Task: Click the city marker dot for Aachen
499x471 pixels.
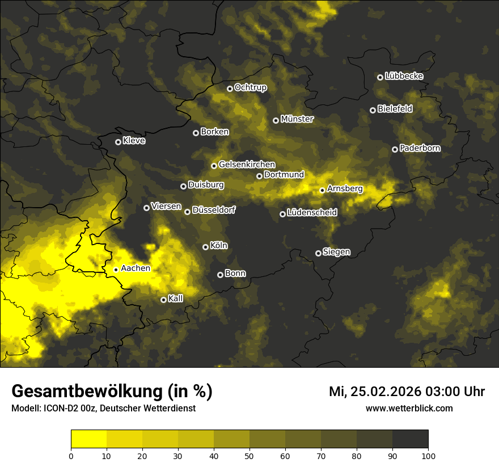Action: coord(116,270)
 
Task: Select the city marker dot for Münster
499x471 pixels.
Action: coord(276,120)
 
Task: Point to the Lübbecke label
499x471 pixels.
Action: coord(404,76)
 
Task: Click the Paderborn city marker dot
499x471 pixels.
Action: coord(395,149)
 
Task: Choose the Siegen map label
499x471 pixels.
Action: coord(336,251)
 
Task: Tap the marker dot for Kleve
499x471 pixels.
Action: coord(118,142)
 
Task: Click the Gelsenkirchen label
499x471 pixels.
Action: coord(247,165)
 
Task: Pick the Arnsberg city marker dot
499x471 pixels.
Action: coord(322,190)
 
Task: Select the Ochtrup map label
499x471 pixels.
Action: coord(250,87)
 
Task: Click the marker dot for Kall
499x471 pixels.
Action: coord(163,300)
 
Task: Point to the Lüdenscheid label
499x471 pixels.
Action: coord(312,213)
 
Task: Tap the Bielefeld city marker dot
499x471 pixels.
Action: coord(373,110)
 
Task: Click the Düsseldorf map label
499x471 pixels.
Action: coord(213,210)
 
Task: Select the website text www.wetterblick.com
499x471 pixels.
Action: coord(409,408)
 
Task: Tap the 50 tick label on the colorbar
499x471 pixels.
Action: coord(249,456)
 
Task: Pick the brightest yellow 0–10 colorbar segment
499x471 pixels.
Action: coord(89,439)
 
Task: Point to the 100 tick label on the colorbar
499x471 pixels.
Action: coord(428,456)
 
